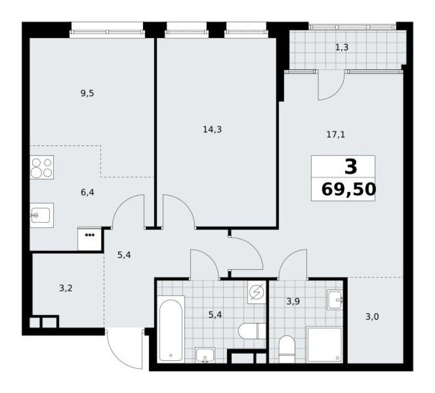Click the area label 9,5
pyautogui.click(x=88, y=93)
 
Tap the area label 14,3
pyautogui.click(x=212, y=130)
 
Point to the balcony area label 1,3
pyautogui.click(x=342, y=47)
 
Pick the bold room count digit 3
pyautogui.click(x=351, y=167)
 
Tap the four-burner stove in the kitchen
pyautogui.click(x=42, y=167)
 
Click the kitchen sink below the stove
pyautogui.click(x=42, y=215)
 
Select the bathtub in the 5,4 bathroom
pyautogui.click(x=171, y=328)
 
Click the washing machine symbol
pyautogui.click(x=257, y=293)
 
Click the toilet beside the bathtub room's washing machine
pyautogui.click(x=252, y=331)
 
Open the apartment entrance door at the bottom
pyautogui.click(x=124, y=348)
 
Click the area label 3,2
pyautogui.click(x=66, y=288)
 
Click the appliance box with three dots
pyautogui.click(x=89, y=239)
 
